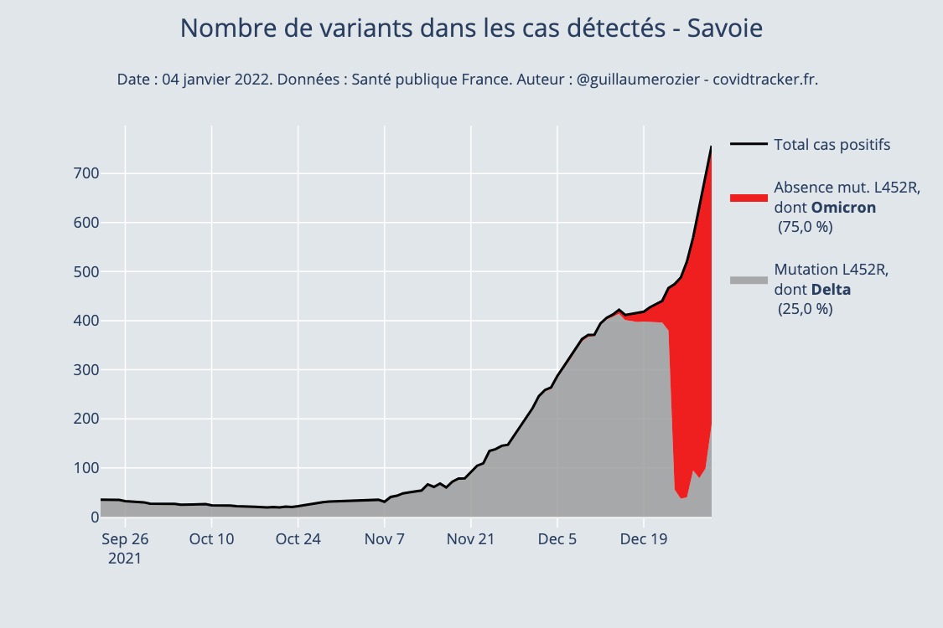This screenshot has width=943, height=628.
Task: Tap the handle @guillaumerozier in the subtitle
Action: pyautogui.click(x=639, y=80)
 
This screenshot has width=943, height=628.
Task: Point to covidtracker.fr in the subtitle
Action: pyautogui.click(x=764, y=80)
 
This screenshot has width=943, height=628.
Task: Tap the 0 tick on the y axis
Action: pyautogui.click(x=83, y=517)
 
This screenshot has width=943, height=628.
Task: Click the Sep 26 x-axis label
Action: pyautogui.click(x=125, y=539)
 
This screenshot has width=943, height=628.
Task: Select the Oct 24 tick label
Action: pyautogui.click(x=298, y=539)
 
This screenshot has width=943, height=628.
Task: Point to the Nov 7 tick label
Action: pyautogui.click(x=385, y=539)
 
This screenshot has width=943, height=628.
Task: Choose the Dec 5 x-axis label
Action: pyautogui.click(x=557, y=539)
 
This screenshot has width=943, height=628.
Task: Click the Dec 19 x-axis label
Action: pyautogui.click(x=644, y=539)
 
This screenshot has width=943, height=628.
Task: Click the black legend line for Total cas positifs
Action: pyautogui.click(x=749, y=145)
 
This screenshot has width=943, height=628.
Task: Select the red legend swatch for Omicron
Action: pyautogui.click(x=749, y=198)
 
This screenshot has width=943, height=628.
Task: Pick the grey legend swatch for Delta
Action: pyautogui.click(x=749, y=280)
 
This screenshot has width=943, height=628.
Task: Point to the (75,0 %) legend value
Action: pyautogui.click(x=806, y=227)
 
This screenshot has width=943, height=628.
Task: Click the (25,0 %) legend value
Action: pyautogui.click(x=806, y=309)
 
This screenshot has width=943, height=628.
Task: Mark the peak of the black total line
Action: pyautogui.click(x=711, y=147)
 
